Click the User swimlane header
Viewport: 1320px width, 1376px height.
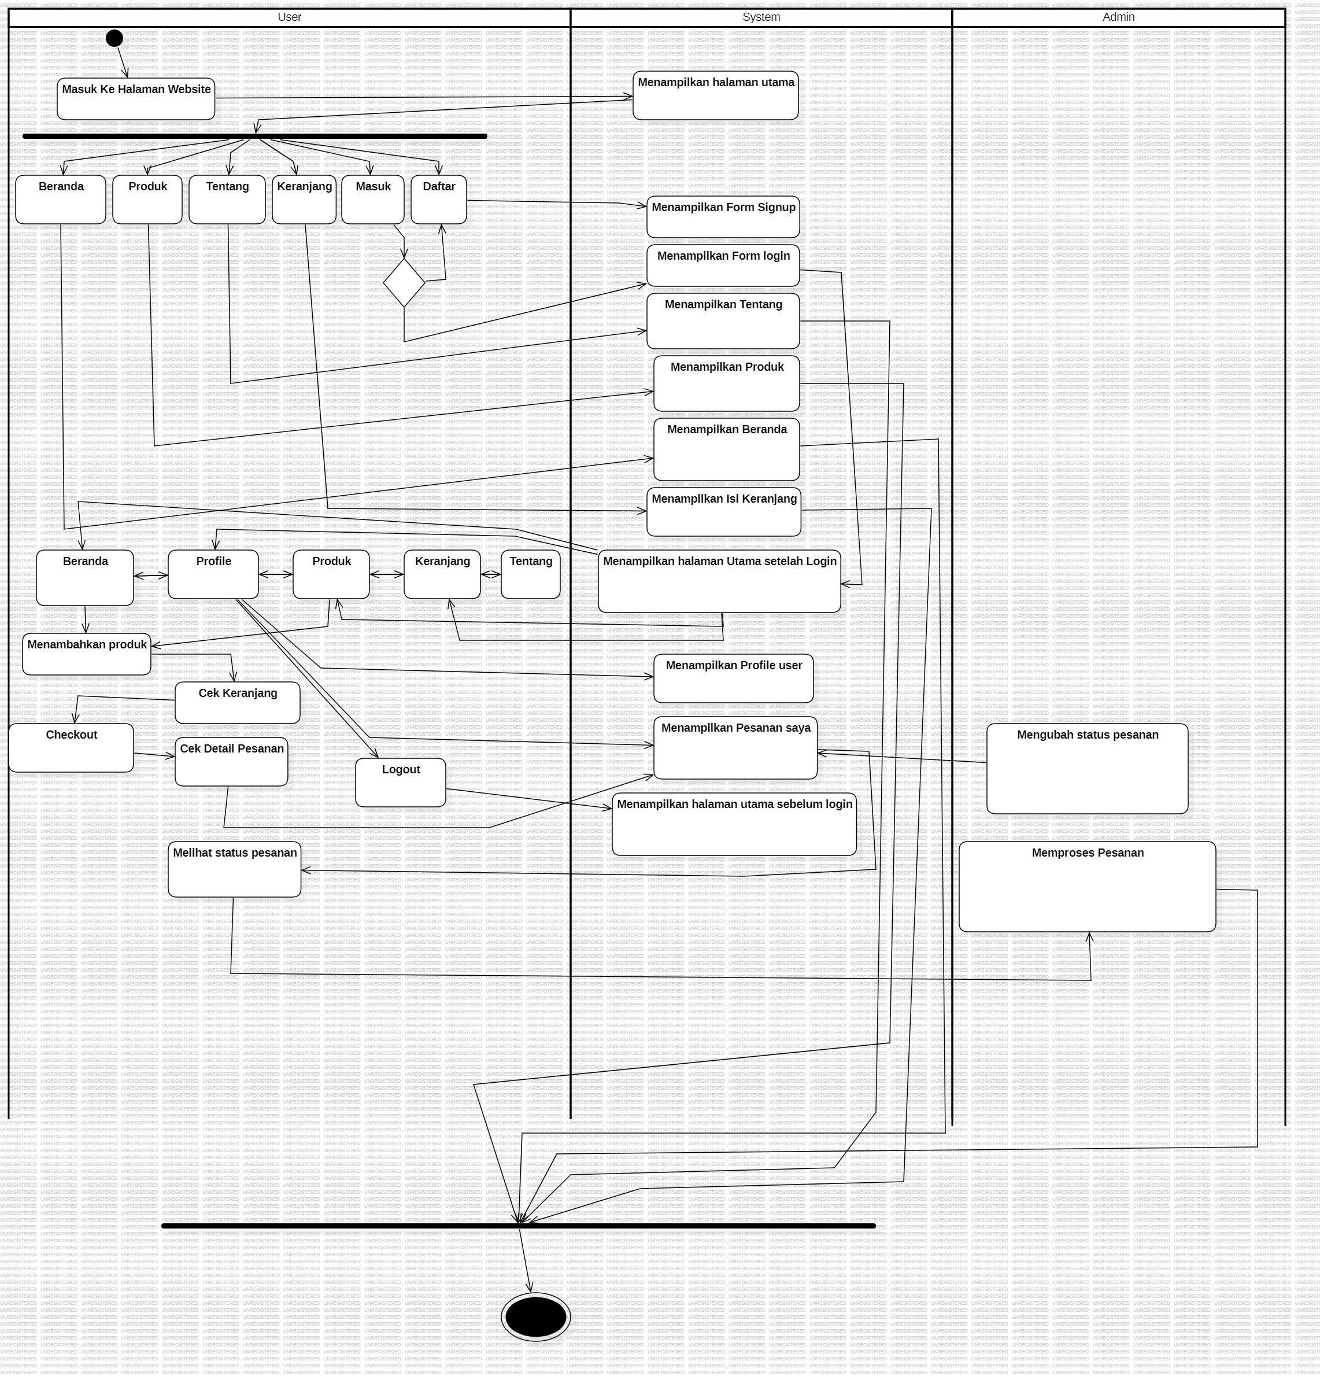point(289,17)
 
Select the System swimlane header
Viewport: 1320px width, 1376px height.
point(761,17)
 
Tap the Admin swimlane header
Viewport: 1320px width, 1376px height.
point(1118,17)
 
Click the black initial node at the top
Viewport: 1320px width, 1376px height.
point(114,37)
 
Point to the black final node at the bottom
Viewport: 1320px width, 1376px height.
point(536,1317)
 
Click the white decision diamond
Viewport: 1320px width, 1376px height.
point(405,283)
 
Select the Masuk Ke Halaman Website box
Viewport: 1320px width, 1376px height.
point(136,99)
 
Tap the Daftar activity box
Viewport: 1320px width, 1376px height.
point(439,200)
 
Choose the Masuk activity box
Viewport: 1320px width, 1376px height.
point(372,200)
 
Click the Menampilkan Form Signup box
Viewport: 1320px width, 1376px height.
point(723,217)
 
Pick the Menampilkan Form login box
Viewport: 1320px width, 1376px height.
point(723,265)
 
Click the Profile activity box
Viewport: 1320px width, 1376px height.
point(213,574)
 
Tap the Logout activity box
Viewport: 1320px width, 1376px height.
point(401,782)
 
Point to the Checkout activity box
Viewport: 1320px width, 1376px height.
point(71,748)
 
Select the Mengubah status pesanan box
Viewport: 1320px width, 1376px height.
point(1087,769)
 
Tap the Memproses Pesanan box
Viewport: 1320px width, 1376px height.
point(1087,887)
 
